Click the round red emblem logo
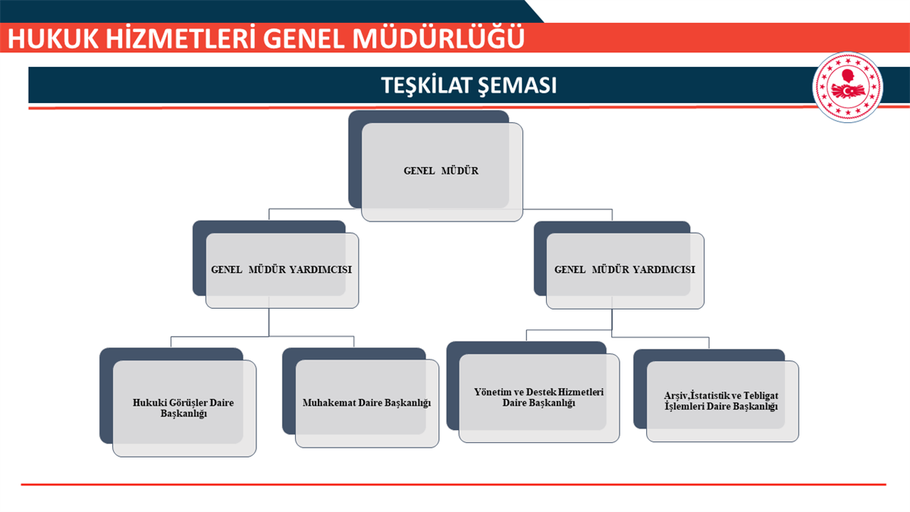[x=848, y=87]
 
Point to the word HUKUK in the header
[x=53, y=39]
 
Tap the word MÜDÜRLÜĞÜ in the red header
[x=438, y=38]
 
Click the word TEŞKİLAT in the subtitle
[x=425, y=85]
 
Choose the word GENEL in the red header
[x=304, y=39]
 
